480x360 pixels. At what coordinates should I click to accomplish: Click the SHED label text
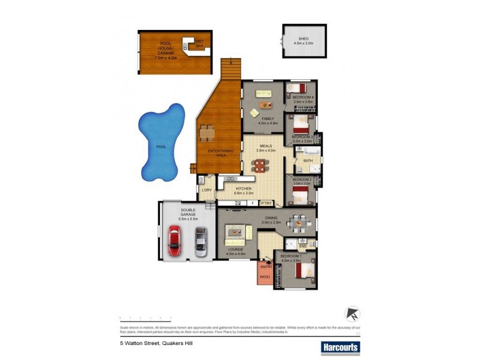click(304, 38)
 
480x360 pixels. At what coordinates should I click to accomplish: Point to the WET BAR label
click(199, 43)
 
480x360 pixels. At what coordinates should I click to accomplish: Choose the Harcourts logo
click(340, 346)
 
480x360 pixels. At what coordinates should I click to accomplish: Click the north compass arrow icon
click(352, 314)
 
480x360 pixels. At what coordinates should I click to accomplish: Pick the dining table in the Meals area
click(259, 165)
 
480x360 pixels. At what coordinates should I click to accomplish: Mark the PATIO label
click(264, 277)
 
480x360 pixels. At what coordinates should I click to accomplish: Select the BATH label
click(308, 161)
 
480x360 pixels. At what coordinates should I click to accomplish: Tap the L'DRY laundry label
click(207, 190)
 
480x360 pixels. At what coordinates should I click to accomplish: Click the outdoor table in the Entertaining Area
click(207, 131)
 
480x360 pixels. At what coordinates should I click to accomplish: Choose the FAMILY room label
click(268, 119)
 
